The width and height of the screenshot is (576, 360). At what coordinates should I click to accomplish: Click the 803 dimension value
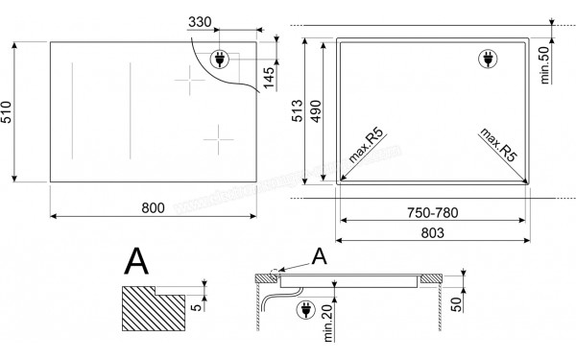point(432,233)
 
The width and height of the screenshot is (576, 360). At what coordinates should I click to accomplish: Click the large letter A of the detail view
point(138,261)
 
